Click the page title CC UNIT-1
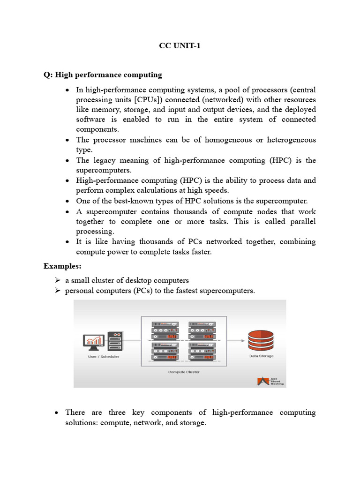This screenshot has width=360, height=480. tap(180, 46)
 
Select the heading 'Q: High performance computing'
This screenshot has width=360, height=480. tap(103, 75)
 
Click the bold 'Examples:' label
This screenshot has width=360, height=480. tap(62, 266)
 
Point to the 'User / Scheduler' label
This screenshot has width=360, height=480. tap(104, 357)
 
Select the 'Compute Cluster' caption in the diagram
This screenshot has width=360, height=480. tap(184, 372)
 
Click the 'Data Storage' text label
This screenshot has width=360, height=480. tap(261, 356)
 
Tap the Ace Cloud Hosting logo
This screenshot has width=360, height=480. tap(270, 381)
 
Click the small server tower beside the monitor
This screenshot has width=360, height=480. tap(115, 341)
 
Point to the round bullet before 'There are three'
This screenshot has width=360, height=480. tap(56, 413)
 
